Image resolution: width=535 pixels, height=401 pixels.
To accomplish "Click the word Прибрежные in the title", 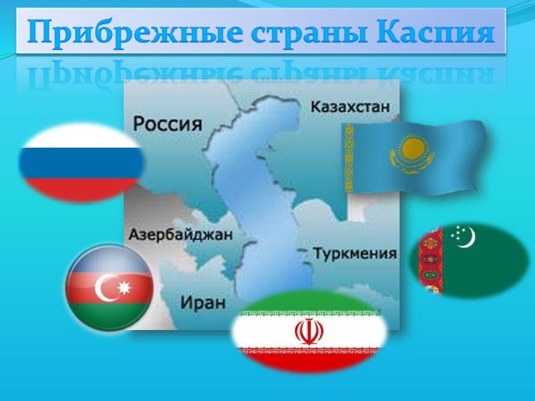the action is click(x=135, y=32).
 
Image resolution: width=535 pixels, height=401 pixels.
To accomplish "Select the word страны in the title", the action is click(x=310, y=33).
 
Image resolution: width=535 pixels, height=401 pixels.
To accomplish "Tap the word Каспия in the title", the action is click(x=436, y=32).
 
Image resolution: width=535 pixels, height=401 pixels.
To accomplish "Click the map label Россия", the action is click(x=167, y=124).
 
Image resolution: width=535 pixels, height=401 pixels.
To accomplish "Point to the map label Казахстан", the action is click(x=349, y=107).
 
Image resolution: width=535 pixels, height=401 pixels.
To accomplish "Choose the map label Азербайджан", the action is click(x=181, y=235).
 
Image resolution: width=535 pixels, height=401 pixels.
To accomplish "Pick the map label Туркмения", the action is click(x=354, y=254).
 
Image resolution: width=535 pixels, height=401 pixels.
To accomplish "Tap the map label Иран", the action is click(x=202, y=302).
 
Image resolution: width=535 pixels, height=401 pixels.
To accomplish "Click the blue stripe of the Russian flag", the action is click(x=82, y=164).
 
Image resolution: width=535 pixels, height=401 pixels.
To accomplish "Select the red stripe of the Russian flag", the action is click(x=82, y=190).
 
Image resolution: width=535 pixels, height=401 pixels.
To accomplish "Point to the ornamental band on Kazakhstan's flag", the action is click(x=349, y=158).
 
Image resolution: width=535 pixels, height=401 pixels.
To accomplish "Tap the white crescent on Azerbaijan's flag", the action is click(x=102, y=288).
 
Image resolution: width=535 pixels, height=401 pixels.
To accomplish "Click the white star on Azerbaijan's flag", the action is click(x=125, y=288).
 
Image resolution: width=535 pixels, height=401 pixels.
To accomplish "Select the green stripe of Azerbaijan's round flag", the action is click(x=110, y=316).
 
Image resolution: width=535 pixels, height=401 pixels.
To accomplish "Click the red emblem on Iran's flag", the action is click(x=309, y=332).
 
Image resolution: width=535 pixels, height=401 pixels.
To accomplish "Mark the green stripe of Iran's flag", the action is click(x=309, y=303).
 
